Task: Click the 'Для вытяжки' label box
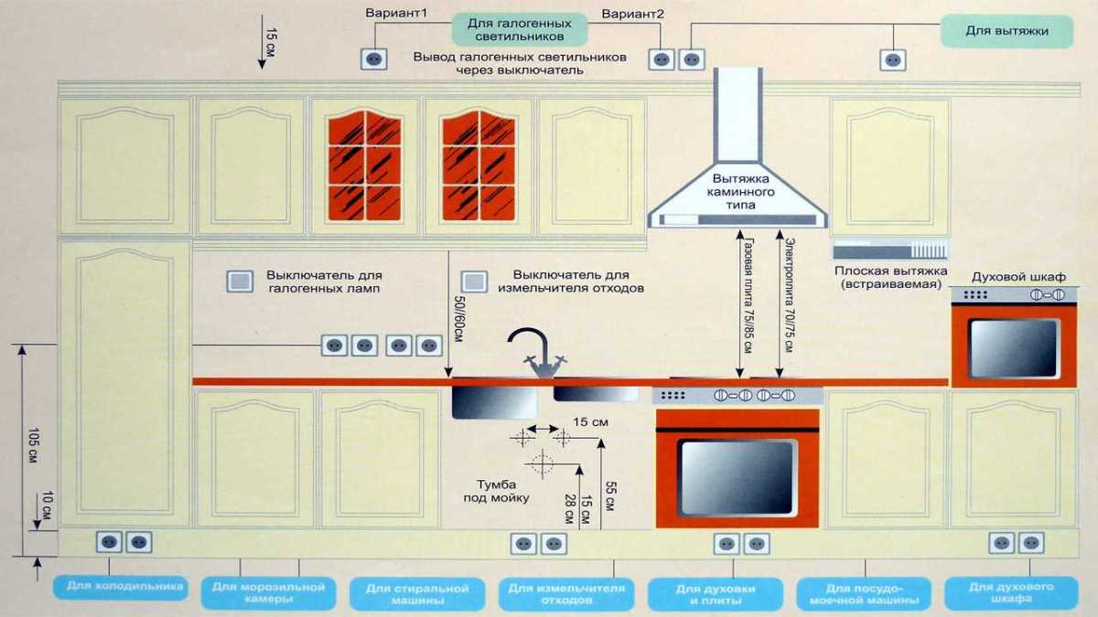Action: [x=1006, y=31]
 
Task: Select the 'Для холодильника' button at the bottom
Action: [x=119, y=586]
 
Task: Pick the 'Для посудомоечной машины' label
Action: [x=857, y=594]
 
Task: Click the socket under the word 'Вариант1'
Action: [x=372, y=59]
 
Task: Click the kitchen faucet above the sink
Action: [x=539, y=351]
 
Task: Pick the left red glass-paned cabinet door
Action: [x=364, y=165]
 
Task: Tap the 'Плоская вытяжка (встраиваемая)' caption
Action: [x=888, y=278]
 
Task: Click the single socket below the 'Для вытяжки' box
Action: [x=893, y=59]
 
